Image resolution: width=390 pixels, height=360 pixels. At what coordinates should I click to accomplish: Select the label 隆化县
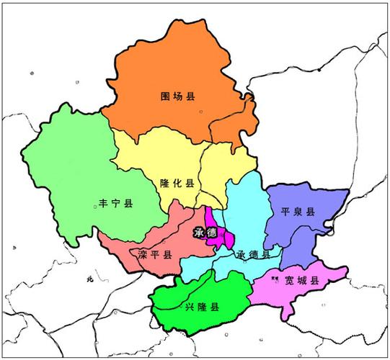coord(177,184)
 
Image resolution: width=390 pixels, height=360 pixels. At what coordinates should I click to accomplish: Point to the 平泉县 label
coord(298,212)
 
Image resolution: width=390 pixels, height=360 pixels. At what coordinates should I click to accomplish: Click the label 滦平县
coord(154,255)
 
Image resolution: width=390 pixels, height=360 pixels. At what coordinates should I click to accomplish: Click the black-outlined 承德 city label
coord(205,232)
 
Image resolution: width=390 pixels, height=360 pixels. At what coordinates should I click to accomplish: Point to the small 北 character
coord(90,278)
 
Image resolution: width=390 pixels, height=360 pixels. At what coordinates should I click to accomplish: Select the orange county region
coord(173,72)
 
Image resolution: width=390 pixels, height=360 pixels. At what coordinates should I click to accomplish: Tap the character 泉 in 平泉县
coord(298,212)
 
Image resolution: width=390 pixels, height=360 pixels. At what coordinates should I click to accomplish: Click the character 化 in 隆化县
coord(177,184)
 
